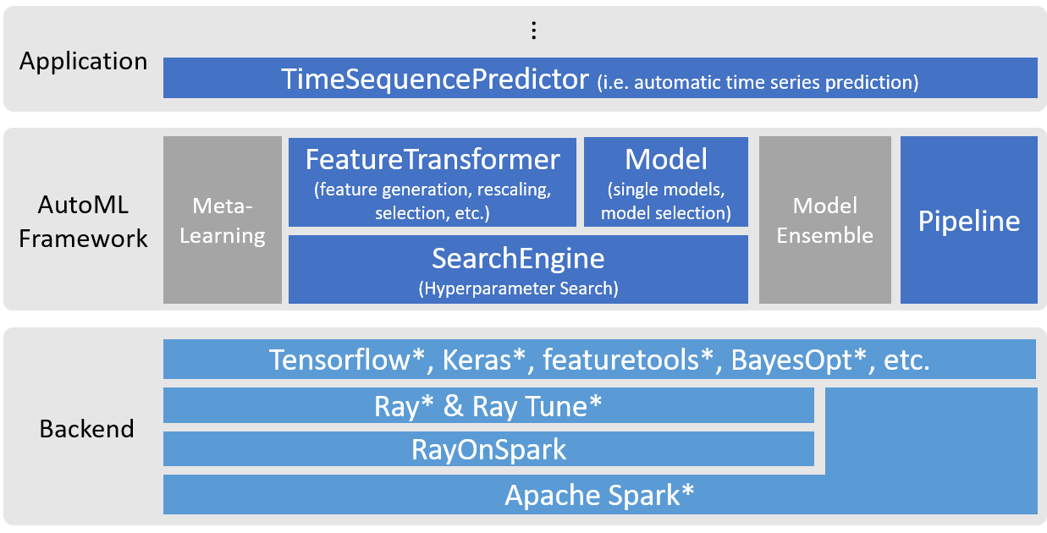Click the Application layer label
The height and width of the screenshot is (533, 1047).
click(83, 62)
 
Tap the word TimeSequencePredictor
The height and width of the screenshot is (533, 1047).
click(435, 80)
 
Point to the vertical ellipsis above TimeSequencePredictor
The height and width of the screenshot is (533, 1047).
click(533, 30)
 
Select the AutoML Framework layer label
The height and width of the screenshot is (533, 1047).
click(83, 222)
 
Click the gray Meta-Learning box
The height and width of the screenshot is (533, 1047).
click(223, 221)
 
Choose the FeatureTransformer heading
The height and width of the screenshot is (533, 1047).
click(433, 159)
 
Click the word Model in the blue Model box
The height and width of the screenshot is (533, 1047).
click(666, 159)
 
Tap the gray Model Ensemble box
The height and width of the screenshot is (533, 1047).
click(824, 221)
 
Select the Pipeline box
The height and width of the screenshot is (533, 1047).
click(969, 222)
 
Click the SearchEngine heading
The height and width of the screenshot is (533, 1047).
click(518, 257)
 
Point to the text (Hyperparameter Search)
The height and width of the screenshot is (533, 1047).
click(518, 288)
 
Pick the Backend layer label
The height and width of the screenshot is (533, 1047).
click(86, 429)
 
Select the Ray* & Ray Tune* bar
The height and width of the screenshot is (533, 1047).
click(488, 406)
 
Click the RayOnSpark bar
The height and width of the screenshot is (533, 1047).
click(488, 449)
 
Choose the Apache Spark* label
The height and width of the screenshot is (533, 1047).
click(599, 495)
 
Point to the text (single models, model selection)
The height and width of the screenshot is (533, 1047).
click(666, 202)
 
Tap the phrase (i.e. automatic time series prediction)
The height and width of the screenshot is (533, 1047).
click(758, 83)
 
